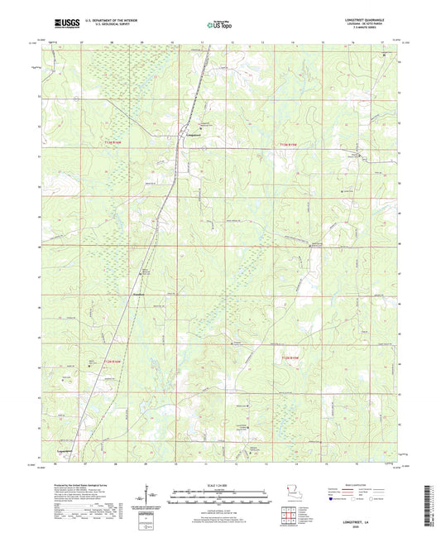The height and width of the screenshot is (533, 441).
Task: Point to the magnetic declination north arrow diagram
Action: point(151,495)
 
